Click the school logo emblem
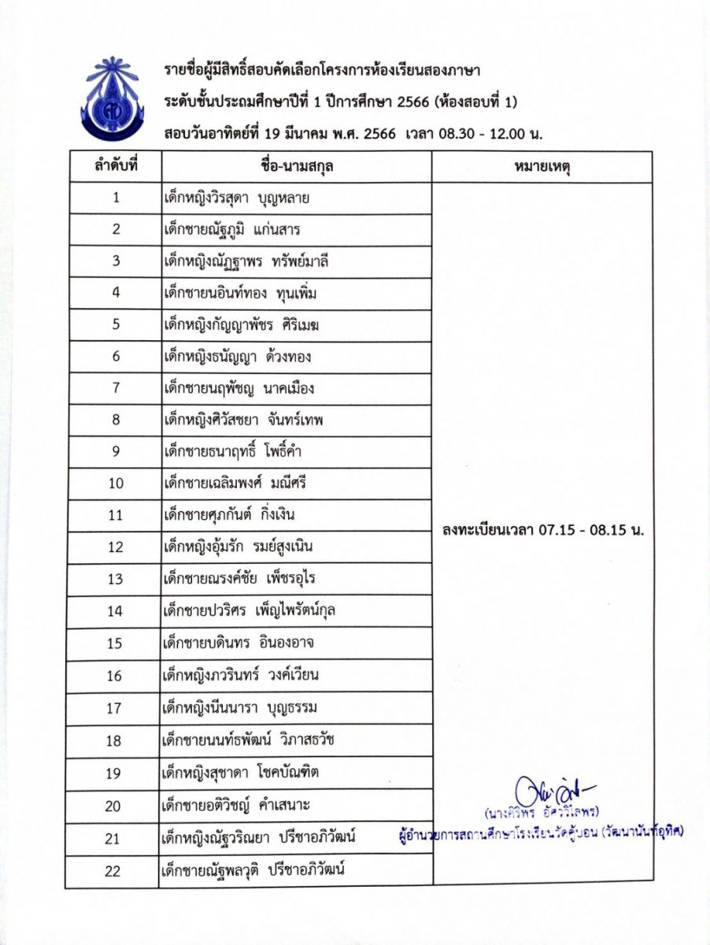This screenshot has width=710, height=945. tap(113, 98)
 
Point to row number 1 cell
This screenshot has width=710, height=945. tap(116, 198)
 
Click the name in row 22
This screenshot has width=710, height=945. tap(253, 869)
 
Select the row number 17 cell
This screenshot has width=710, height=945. tap(116, 707)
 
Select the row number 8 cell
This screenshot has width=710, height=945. tap(116, 420)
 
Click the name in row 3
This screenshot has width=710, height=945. tap(241, 261)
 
